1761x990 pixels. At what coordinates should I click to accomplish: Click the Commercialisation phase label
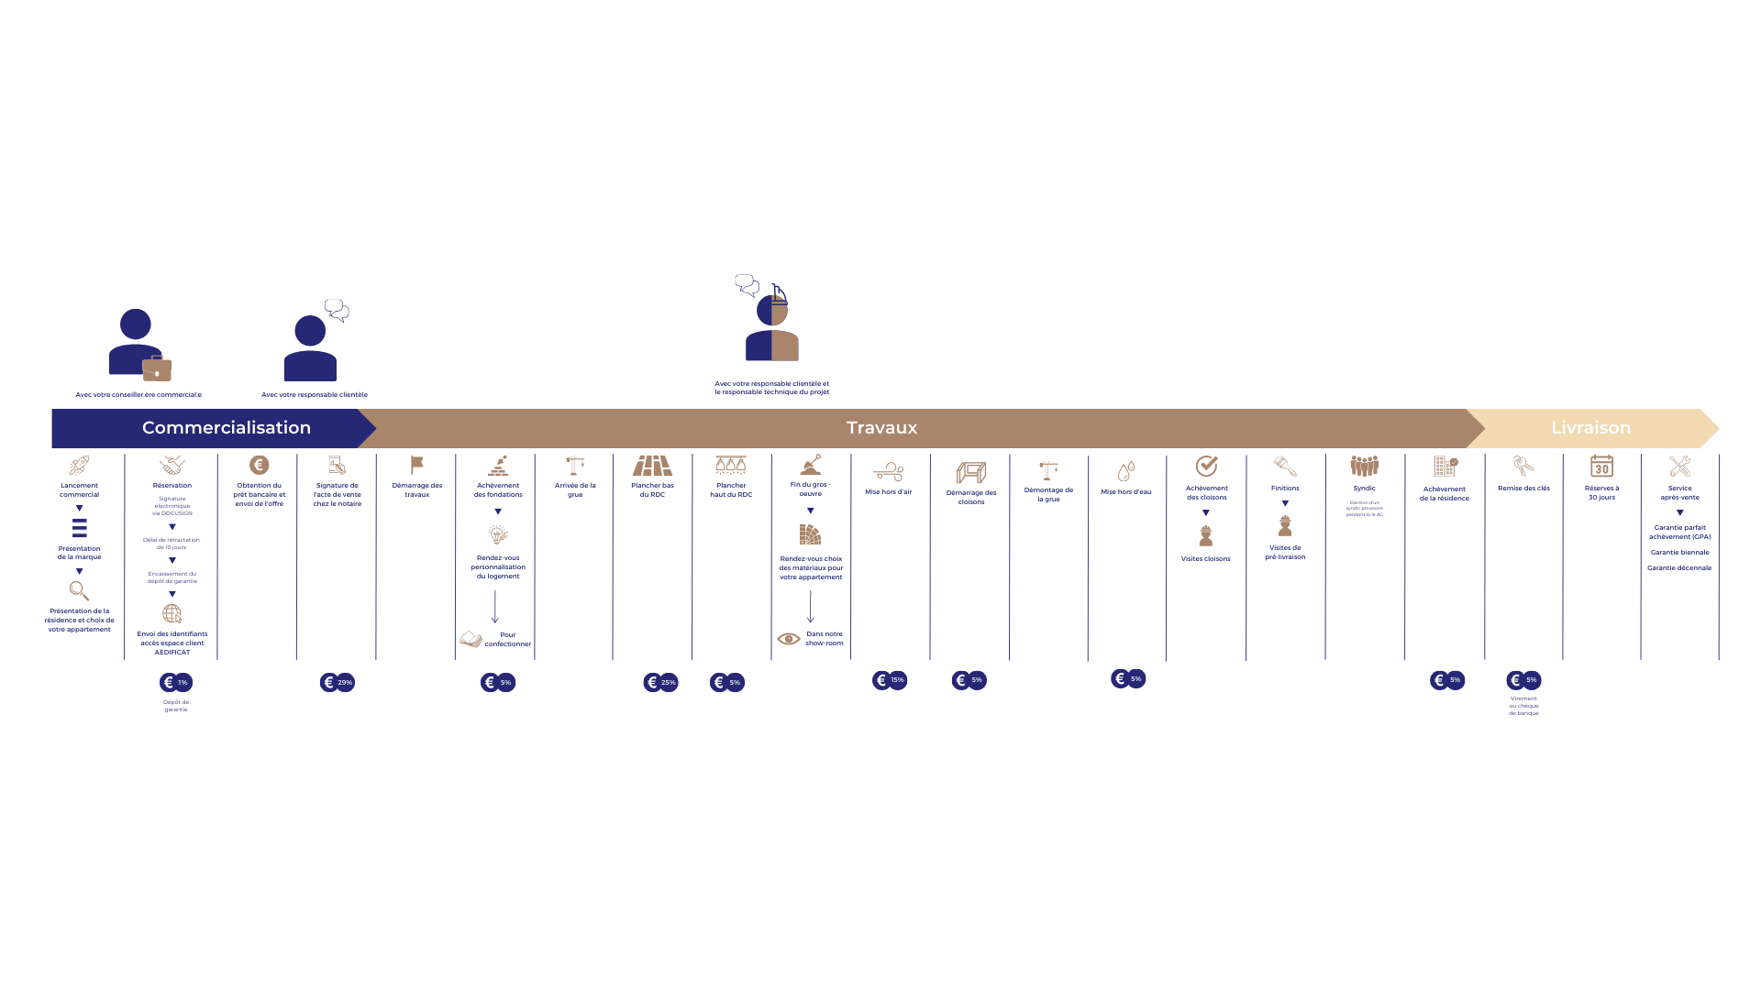(227, 428)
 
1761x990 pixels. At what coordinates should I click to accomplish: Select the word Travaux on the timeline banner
(881, 428)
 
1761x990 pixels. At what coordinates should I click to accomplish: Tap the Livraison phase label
(1590, 428)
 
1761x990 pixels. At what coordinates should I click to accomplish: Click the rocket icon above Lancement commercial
(80, 466)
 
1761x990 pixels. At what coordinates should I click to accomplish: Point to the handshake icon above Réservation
(172, 465)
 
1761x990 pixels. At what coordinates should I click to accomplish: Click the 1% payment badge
(176, 682)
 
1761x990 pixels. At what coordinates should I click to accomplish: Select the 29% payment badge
(338, 682)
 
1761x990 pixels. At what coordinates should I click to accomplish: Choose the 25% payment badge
(661, 682)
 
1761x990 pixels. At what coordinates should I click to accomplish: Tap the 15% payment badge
(890, 680)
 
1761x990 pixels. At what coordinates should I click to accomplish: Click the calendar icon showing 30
(1601, 467)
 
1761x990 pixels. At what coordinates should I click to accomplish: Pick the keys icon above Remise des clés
(1523, 467)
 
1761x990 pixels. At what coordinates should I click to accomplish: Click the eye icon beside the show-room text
(789, 639)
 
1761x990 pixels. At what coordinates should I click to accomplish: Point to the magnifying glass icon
(80, 591)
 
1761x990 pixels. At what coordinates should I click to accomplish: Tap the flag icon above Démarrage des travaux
(417, 465)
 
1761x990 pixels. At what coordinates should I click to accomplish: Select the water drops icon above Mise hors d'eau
(1126, 471)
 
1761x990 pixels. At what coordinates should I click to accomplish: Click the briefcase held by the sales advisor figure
(157, 368)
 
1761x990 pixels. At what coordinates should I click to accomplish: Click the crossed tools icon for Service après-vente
(1679, 467)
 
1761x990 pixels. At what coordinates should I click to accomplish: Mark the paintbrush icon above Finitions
(1285, 466)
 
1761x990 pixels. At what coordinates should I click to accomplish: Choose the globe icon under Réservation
(172, 614)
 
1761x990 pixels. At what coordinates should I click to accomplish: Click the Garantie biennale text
(1679, 553)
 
